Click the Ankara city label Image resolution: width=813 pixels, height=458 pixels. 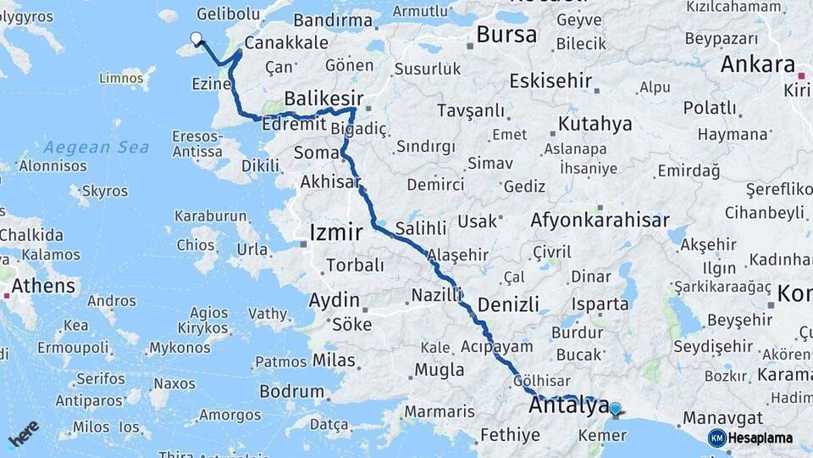click(x=758, y=64)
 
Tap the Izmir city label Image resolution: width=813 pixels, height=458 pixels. click(x=336, y=232)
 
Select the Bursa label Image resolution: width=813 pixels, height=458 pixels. click(x=506, y=35)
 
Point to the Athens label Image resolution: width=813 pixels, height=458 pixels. click(x=43, y=285)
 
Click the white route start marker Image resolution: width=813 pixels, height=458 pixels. click(x=196, y=38)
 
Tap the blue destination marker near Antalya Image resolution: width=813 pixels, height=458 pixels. click(x=615, y=409)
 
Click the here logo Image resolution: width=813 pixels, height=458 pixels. click(x=24, y=433)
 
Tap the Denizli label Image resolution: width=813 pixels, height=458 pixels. click(x=508, y=304)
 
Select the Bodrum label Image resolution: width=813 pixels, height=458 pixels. click(x=292, y=392)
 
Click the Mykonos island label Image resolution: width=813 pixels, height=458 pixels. click(x=180, y=348)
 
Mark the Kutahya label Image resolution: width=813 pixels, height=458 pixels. click(x=595, y=124)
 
